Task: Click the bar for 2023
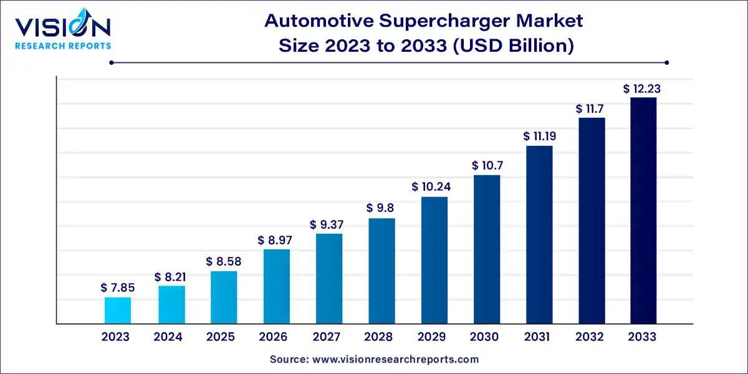pos(118,310)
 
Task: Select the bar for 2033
pos(643,211)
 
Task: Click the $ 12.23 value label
pos(642,89)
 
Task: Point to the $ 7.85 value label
pos(118,288)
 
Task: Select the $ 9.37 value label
pos(328,225)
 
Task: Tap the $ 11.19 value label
pos(538,137)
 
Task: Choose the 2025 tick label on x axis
pos(220,337)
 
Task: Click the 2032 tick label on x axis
pos(590,337)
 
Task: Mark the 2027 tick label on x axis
pos(325,337)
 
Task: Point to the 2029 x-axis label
pos(431,337)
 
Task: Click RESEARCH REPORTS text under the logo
pos(63,46)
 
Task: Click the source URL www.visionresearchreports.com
pos(395,360)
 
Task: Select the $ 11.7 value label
pos(592,109)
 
